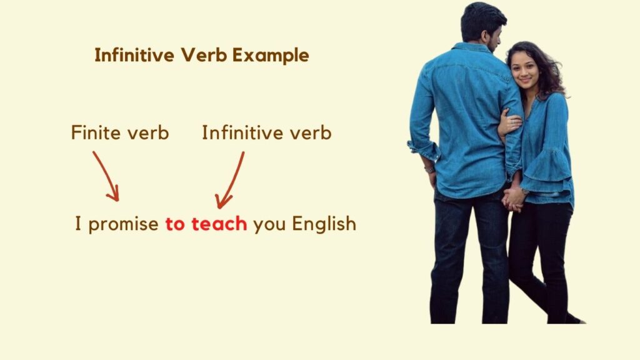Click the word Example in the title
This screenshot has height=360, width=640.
pos(271,56)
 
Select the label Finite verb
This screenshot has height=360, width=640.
pos(119,133)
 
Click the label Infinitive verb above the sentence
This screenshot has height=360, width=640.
pos(266,133)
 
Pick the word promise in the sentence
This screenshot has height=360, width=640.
pos(123,224)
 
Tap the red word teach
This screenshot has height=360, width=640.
pos(219,224)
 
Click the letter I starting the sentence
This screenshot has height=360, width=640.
pos(78,224)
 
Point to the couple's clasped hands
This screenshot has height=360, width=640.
pos(514,198)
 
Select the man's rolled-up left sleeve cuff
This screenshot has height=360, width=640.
pos(423,150)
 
